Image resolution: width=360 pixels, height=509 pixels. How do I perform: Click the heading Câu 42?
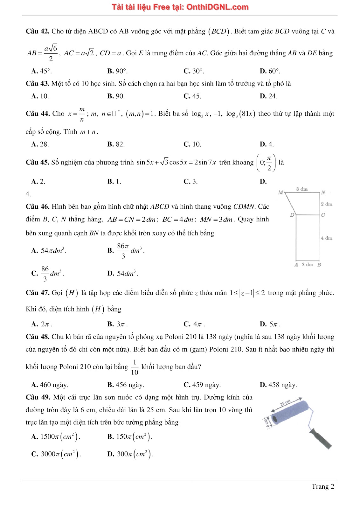point(38,31)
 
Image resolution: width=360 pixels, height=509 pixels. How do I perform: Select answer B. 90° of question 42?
point(117,71)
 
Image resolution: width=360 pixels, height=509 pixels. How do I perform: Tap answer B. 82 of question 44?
point(116,144)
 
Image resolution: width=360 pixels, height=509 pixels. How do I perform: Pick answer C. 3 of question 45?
point(190,181)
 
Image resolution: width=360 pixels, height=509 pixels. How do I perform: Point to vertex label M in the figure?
point(280,192)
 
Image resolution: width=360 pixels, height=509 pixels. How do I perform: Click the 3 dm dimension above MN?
point(302,189)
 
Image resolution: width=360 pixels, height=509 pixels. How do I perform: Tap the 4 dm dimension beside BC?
point(327,238)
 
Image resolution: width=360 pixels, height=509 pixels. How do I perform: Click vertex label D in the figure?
point(292,215)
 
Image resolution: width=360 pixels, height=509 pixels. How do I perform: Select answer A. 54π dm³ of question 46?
point(49,251)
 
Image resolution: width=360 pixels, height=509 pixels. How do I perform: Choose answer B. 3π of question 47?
point(117,324)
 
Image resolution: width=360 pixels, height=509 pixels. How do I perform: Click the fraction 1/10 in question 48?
point(135,367)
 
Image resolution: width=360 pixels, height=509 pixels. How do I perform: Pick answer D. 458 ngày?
point(278,385)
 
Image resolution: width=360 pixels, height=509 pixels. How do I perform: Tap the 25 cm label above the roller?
point(285,403)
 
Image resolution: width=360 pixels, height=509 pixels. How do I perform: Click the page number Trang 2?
point(323,486)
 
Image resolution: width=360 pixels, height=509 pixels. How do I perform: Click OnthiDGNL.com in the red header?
point(217,7)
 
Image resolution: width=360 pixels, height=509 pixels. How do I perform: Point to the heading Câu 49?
point(38,397)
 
